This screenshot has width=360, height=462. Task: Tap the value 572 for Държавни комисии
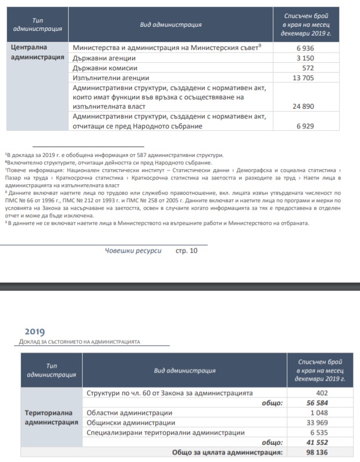point(309,67)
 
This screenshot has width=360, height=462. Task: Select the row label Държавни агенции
point(104,58)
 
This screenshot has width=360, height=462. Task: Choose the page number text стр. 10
point(187,251)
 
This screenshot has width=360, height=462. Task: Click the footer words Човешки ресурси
point(133,251)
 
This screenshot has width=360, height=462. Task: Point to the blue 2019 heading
point(34,332)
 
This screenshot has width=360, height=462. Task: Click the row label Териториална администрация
point(51,417)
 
